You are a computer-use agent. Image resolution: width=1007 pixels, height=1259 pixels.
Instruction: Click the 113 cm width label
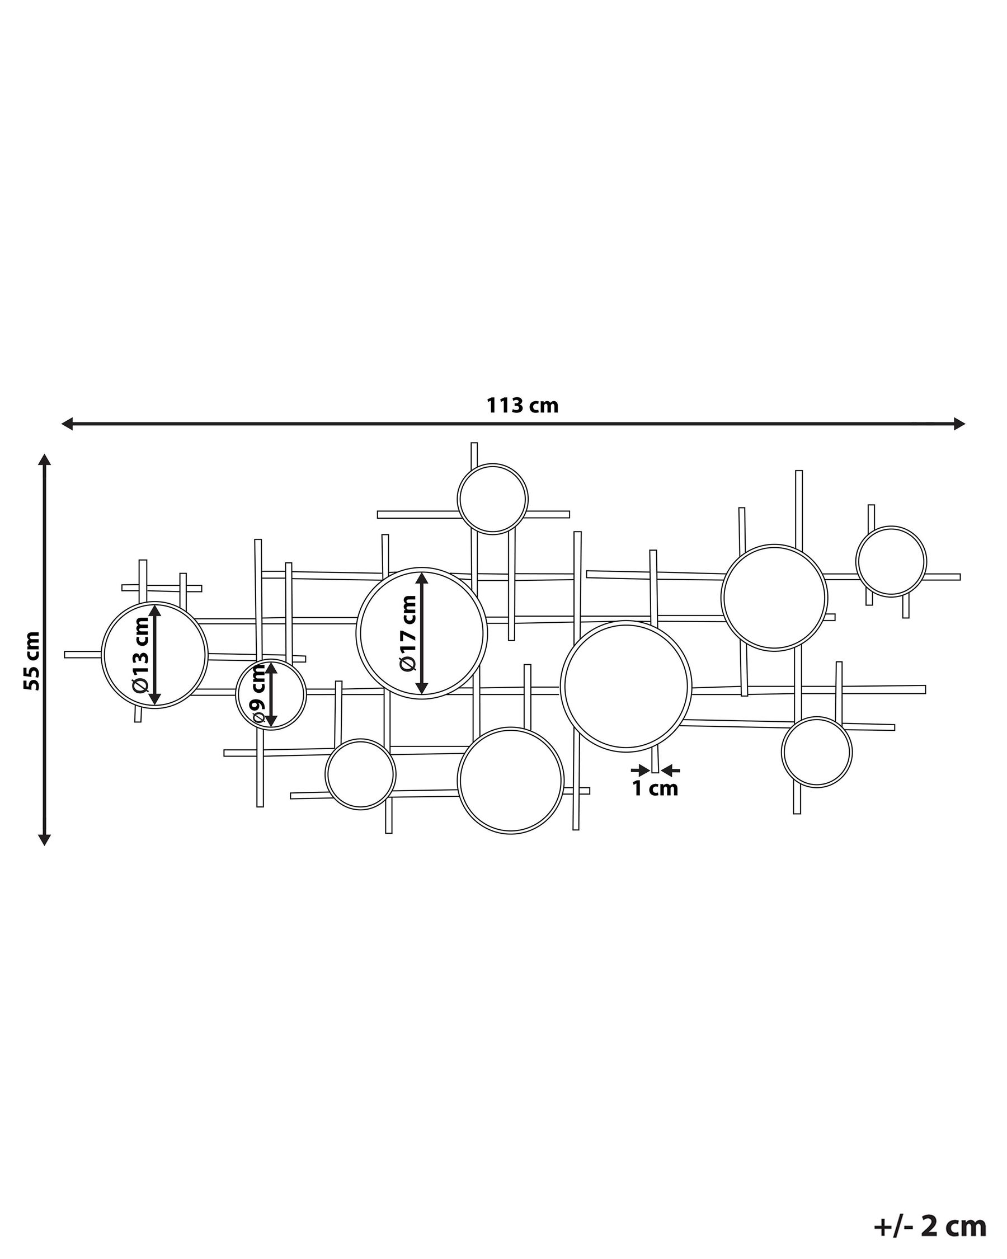click(x=523, y=405)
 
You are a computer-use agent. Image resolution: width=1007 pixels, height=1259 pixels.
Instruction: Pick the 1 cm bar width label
click(x=655, y=789)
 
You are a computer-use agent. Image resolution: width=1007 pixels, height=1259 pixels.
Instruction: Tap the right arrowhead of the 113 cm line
click(x=959, y=424)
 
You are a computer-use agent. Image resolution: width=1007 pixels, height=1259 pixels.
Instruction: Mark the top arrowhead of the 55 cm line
click(x=44, y=459)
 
